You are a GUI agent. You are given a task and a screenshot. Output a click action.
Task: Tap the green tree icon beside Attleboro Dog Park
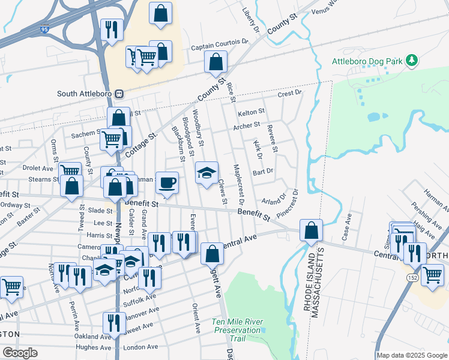pos(411,60)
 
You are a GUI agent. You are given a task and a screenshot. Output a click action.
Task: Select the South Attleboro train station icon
pos(119,94)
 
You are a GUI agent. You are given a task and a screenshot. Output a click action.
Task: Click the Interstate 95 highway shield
pos(46,28)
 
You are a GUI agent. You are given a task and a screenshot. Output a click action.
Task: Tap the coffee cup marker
pos(167,182)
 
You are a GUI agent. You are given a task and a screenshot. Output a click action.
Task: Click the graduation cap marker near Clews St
pos(206,173)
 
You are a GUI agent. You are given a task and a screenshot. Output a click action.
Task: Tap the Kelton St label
pos(251,112)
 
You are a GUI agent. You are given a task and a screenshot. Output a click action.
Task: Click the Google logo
pos(20,353)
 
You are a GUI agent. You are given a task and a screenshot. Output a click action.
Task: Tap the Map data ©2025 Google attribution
pos(412,355)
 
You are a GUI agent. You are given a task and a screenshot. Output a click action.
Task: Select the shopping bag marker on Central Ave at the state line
pos(312,230)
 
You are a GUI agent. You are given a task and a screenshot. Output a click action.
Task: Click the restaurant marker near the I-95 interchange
pos(111,29)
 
